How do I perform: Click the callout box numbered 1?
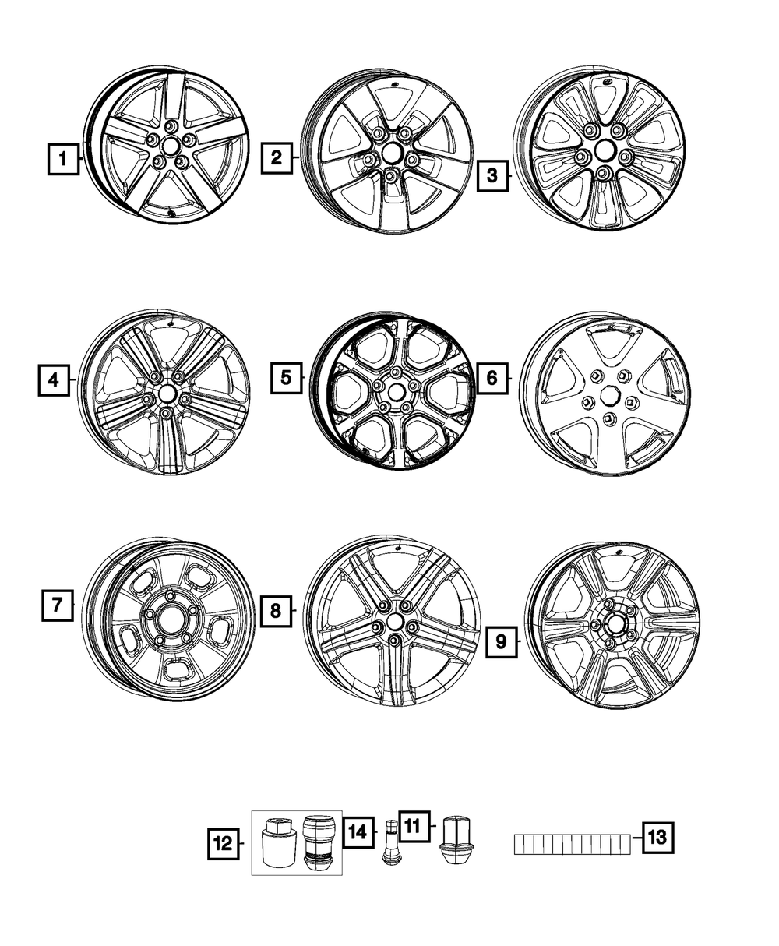click(x=63, y=161)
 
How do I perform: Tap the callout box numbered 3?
click(x=492, y=175)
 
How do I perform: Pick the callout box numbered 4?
click(x=53, y=380)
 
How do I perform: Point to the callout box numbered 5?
click(x=286, y=379)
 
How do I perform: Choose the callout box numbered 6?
click(x=492, y=379)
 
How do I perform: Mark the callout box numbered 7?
click(x=57, y=605)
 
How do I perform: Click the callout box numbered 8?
click(x=275, y=611)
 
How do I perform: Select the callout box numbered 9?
click(x=501, y=641)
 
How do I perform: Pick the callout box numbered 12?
click(x=223, y=842)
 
